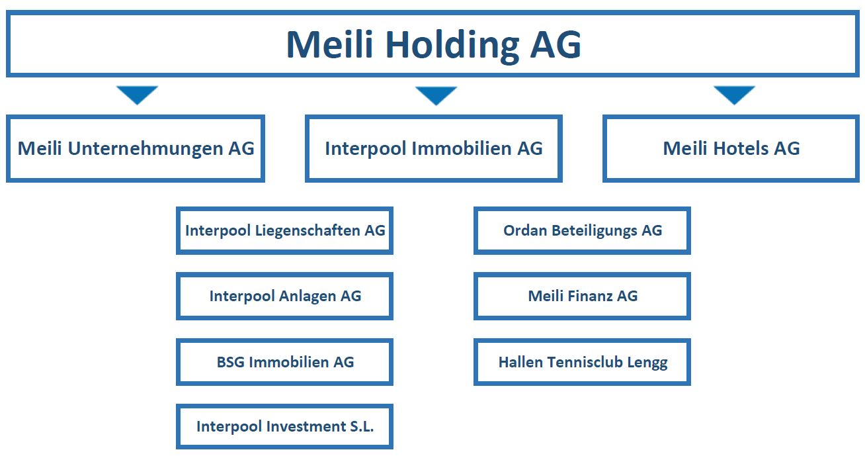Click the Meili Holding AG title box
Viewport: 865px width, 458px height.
(432, 44)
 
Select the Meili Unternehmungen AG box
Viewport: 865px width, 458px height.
(136, 148)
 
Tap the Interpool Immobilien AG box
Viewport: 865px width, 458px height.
(434, 148)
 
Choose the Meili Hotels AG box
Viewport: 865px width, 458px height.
(731, 148)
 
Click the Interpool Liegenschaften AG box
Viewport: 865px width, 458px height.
(284, 231)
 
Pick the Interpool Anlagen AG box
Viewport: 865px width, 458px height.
(284, 296)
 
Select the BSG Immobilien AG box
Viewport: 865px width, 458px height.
(284, 362)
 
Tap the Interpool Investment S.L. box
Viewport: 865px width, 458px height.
(284, 427)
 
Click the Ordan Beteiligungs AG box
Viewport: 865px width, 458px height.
(583, 231)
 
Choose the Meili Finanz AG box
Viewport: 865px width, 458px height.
(583, 296)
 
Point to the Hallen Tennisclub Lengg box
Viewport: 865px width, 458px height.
(583, 362)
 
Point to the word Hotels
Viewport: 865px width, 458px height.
(741, 148)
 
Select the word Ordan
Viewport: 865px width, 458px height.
(525, 231)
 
